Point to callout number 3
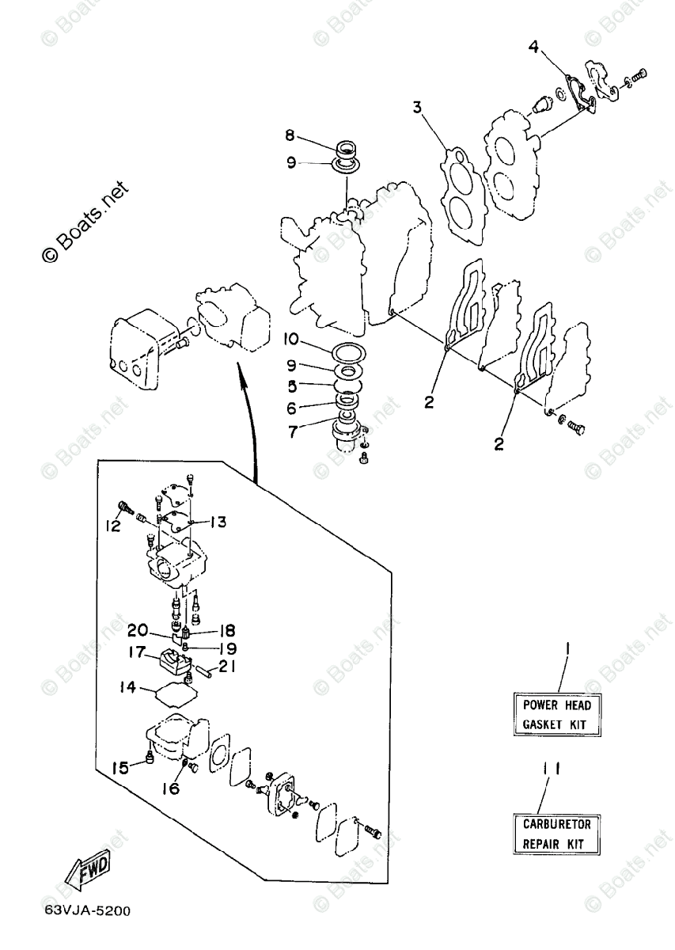point(416,106)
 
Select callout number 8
point(290,135)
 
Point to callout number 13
point(218,522)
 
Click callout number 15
point(120,767)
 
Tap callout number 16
point(171,788)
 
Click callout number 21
point(226,667)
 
